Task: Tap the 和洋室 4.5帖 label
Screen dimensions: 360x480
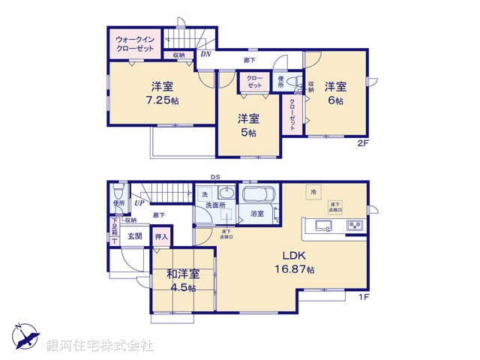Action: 182,280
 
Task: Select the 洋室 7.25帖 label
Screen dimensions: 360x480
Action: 156,92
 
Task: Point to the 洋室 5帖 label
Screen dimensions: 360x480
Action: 247,125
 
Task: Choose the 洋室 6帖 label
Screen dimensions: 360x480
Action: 334,93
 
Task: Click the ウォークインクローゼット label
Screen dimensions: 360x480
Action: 135,43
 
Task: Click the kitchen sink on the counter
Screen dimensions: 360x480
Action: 325,226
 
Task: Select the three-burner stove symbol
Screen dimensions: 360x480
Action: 354,226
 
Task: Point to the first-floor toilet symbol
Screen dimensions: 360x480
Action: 117,192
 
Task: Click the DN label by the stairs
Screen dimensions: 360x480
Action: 205,54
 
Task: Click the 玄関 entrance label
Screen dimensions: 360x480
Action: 134,236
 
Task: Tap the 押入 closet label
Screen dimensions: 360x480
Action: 161,237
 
